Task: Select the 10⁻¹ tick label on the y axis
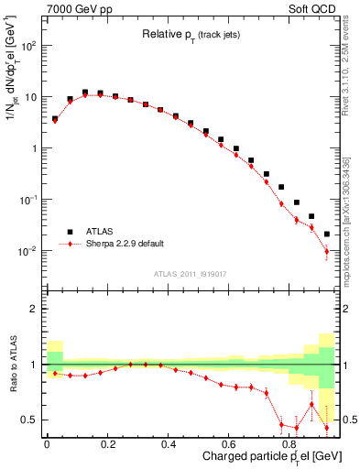pos(29,200)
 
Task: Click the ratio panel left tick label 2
pos(34,309)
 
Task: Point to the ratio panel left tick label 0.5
pos(30,420)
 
